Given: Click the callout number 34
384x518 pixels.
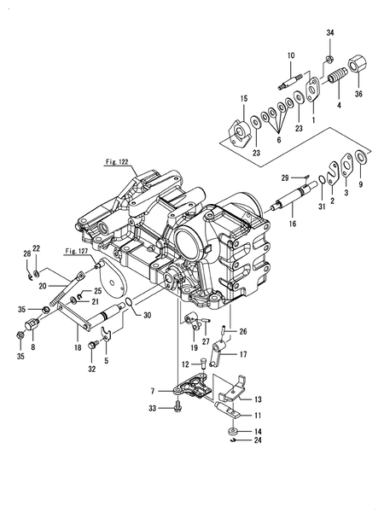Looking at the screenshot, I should click(329, 32).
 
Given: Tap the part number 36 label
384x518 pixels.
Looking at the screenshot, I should click(358, 94).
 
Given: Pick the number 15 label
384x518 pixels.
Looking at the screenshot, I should click(243, 100).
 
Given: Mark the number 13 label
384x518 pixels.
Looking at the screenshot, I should click(257, 399).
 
